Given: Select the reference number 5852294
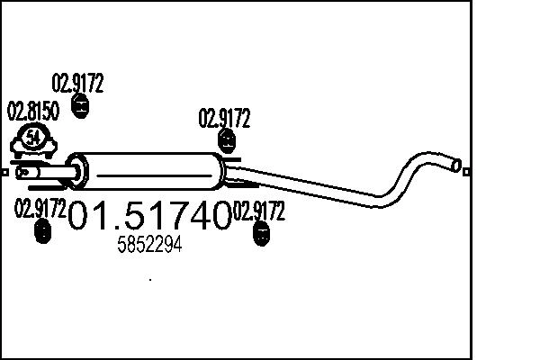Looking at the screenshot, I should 150,245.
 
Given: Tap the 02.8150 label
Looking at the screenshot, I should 33,112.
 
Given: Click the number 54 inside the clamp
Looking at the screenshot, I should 34,138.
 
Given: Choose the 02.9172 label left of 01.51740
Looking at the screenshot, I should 40,210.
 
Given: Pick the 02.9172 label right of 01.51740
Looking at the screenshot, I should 259,212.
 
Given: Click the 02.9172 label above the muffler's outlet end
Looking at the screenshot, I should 224,119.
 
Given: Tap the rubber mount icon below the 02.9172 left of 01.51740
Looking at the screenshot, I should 41,232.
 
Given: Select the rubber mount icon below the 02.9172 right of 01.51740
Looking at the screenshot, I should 261,235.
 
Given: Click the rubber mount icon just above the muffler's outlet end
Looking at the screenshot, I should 228,140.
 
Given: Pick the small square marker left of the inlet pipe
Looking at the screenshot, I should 5,170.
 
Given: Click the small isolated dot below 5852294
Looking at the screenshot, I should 149,280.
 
